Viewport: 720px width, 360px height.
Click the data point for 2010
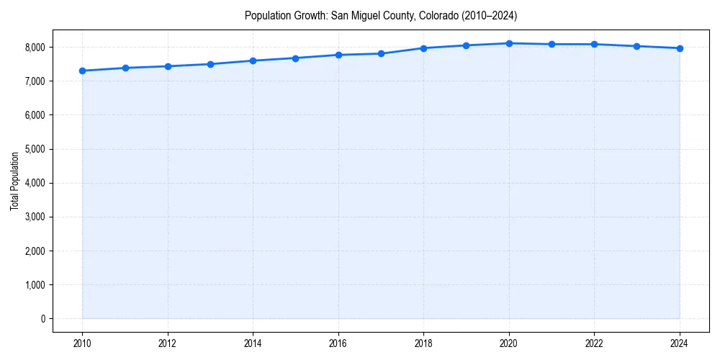(x=82, y=71)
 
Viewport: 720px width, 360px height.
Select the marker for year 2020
(x=509, y=43)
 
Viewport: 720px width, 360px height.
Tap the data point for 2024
(x=680, y=48)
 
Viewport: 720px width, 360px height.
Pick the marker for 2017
(x=381, y=53)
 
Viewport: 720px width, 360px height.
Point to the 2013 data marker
(x=210, y=64)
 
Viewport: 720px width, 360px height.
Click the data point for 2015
(x=296, y=58)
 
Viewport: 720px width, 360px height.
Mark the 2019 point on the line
(x=467, y=45)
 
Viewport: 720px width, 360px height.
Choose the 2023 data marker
(x=637, y=46)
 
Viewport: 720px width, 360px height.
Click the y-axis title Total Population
(x=14, y=181)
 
